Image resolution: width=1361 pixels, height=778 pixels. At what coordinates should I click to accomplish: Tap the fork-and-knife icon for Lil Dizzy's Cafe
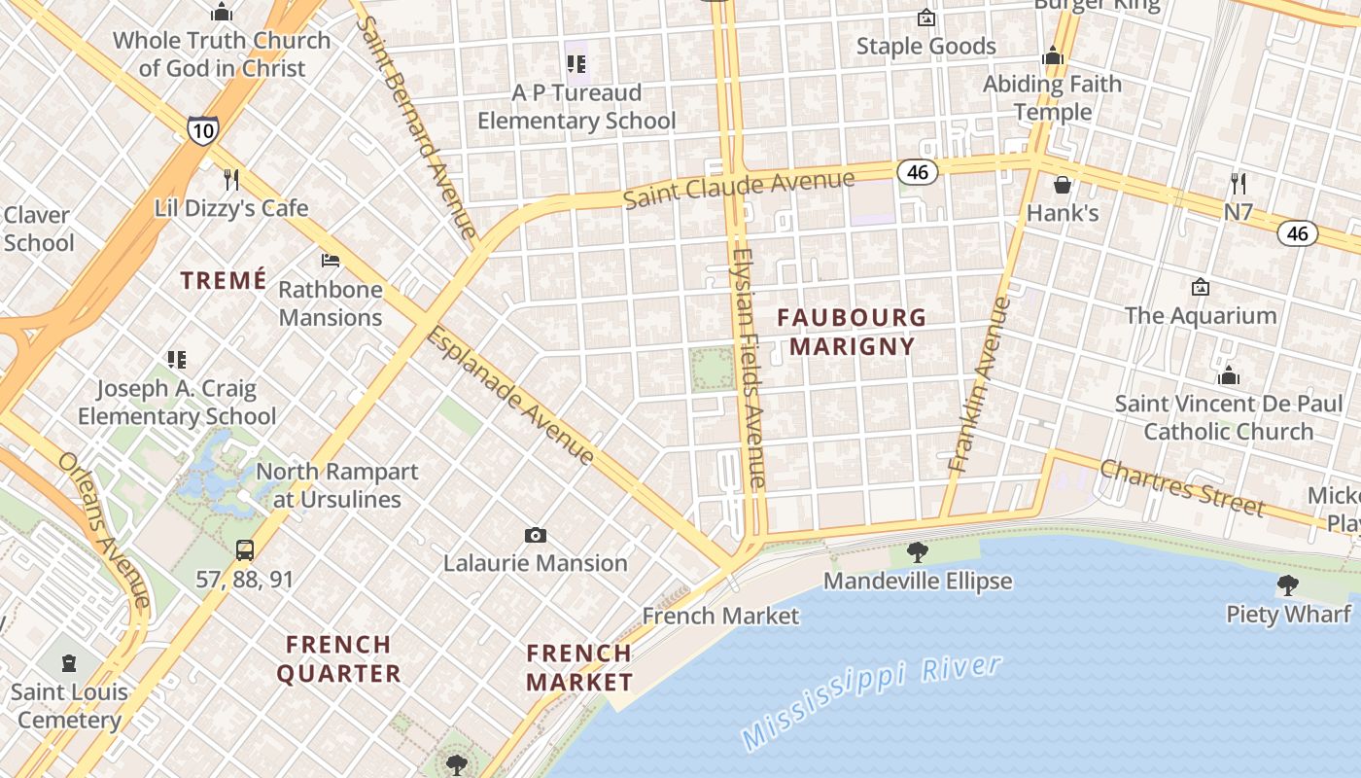click(231, 180)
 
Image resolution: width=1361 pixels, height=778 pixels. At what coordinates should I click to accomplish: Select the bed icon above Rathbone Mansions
click(331, 261)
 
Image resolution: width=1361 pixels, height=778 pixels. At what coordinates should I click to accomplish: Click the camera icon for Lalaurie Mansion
click(535, 535)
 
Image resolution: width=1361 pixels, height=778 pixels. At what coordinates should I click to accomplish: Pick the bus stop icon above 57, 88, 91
click(245, 550)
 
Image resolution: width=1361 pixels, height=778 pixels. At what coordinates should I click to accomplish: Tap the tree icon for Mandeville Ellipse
click(917, 552)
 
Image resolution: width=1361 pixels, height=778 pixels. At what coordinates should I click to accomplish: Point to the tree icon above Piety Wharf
click(1288, 584)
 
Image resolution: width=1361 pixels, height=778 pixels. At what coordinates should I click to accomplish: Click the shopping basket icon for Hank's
click(1063, 184)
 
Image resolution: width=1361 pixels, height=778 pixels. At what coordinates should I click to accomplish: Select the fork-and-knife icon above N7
click(1239, 183)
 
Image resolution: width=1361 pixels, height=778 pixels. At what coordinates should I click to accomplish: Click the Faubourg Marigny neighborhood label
click(852, 332)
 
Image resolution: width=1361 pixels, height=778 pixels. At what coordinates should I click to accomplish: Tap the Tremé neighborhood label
click(224, 281)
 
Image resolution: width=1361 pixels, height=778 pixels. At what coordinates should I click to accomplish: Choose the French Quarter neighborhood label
click(339, 658)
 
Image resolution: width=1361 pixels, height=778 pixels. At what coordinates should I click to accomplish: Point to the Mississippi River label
click(871, 702)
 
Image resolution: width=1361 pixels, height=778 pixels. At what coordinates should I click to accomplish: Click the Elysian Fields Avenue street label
click(749, 368)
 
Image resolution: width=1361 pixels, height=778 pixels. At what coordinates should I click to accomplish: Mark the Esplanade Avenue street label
click(510, 396)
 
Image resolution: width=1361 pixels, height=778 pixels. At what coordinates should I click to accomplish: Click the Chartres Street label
click(1182, 487)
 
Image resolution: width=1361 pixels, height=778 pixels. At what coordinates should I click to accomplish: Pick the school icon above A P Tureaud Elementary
click(576, 64)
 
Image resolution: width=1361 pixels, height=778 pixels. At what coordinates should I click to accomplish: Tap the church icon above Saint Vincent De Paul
click(1229, 375)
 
